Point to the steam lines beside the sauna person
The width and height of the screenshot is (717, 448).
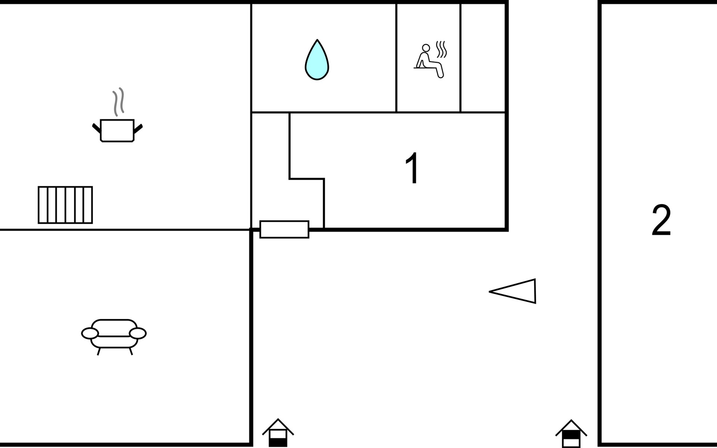(441, 49)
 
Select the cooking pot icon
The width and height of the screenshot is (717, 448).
(117, 130)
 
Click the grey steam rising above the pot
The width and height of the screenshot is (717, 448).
(118, 102)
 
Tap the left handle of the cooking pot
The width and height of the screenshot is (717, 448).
(96, 128)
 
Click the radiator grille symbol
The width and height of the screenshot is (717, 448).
(65, 205)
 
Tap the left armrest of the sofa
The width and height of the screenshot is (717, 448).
(90, 333)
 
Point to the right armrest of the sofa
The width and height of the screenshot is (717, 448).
(137, 333)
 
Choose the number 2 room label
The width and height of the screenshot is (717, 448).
(661, 220)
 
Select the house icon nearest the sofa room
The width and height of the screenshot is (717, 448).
(278, 433)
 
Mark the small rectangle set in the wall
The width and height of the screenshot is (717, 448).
(284, 229)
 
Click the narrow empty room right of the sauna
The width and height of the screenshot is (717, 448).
(483, 58)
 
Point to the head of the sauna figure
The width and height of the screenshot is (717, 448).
(426, 48)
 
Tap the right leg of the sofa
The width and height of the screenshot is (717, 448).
(131, 351)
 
